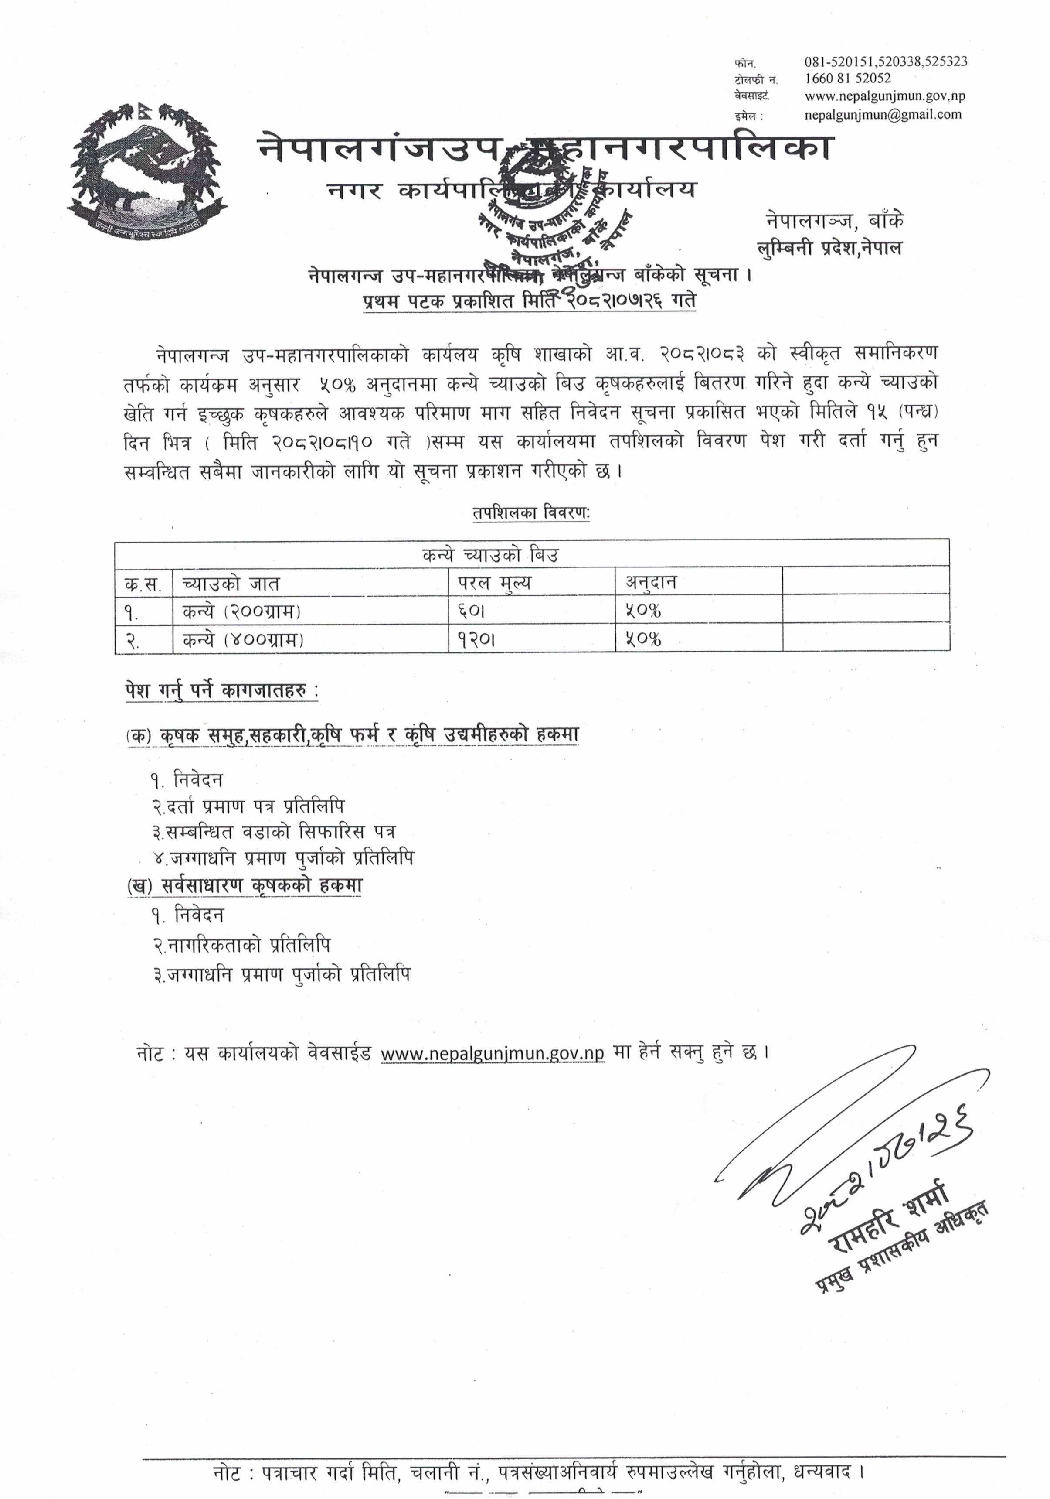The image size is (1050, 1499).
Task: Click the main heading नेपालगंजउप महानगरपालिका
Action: click(x=546, y=148)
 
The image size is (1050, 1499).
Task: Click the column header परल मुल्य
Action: click(x=493, y=582)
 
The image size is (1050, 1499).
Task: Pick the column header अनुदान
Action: click(x=651, y=582)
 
